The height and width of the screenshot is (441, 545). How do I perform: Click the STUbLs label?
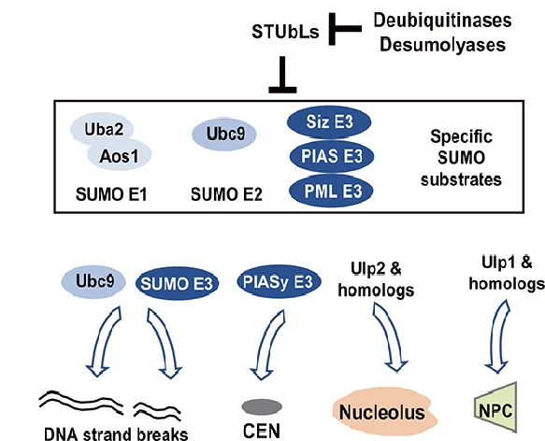pos(285,32)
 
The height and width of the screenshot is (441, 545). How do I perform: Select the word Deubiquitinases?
pos(442,21)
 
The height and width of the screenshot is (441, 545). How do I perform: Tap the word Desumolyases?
pos(442,45)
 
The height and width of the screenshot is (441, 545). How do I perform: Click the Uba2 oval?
pos(103,129)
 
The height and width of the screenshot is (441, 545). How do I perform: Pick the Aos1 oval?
pos(120,156)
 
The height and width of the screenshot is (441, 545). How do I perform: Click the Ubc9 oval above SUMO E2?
pos(224,135)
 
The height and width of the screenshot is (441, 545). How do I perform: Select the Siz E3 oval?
pos(329,122)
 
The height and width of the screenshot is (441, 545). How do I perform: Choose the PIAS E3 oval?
pos(332,156)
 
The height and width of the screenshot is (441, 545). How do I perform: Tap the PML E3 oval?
pos(332,191)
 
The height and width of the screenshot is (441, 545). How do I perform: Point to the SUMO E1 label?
pos(111,194)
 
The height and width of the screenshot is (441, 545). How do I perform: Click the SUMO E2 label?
pos(226,194)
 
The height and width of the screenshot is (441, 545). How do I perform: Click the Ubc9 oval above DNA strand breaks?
pos(93,282)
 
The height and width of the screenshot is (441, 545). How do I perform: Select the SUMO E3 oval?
pos(177,284)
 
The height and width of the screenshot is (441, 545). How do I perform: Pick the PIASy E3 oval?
pos(279,282)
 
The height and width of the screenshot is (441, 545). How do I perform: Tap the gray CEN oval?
pos(262,406)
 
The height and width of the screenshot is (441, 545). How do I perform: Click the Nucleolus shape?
pos(384,411)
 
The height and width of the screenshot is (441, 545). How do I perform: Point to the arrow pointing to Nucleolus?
pos(388,336)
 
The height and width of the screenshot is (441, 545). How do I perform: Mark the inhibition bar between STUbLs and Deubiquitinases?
pos(345,29)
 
